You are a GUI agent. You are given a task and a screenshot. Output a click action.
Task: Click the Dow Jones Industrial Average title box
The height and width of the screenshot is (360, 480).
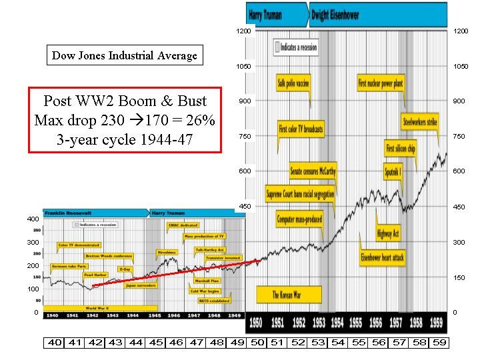click(x=125, y=55)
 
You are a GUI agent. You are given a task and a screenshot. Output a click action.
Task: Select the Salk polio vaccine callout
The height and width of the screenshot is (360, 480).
click(x=293, y=84)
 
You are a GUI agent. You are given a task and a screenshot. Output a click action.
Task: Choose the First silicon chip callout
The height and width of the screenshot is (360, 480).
click(x=401, y=149)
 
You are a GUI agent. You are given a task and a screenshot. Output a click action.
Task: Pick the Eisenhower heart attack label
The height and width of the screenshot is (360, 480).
click(x=382, y=257)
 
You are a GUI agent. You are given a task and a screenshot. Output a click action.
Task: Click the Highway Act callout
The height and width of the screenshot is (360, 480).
click(x=387, y=233)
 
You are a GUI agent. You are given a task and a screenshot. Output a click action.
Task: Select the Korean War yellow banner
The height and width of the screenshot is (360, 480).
click(x=289, y=295)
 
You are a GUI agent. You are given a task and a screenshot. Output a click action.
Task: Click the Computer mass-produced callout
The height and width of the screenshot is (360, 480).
click(x=299, y=219)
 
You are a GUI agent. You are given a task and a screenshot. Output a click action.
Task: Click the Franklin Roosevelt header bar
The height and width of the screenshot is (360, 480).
click(x=93, y=213)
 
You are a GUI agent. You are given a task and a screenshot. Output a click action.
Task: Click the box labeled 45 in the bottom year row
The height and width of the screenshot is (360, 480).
click(x=157, y=343)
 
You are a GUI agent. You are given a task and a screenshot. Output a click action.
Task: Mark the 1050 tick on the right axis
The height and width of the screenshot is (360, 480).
click(x=461, y=66)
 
